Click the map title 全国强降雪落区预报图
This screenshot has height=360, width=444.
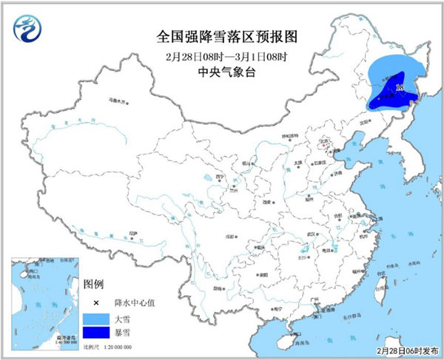click(222, 36)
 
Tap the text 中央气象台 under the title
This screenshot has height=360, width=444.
click(222, 74)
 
